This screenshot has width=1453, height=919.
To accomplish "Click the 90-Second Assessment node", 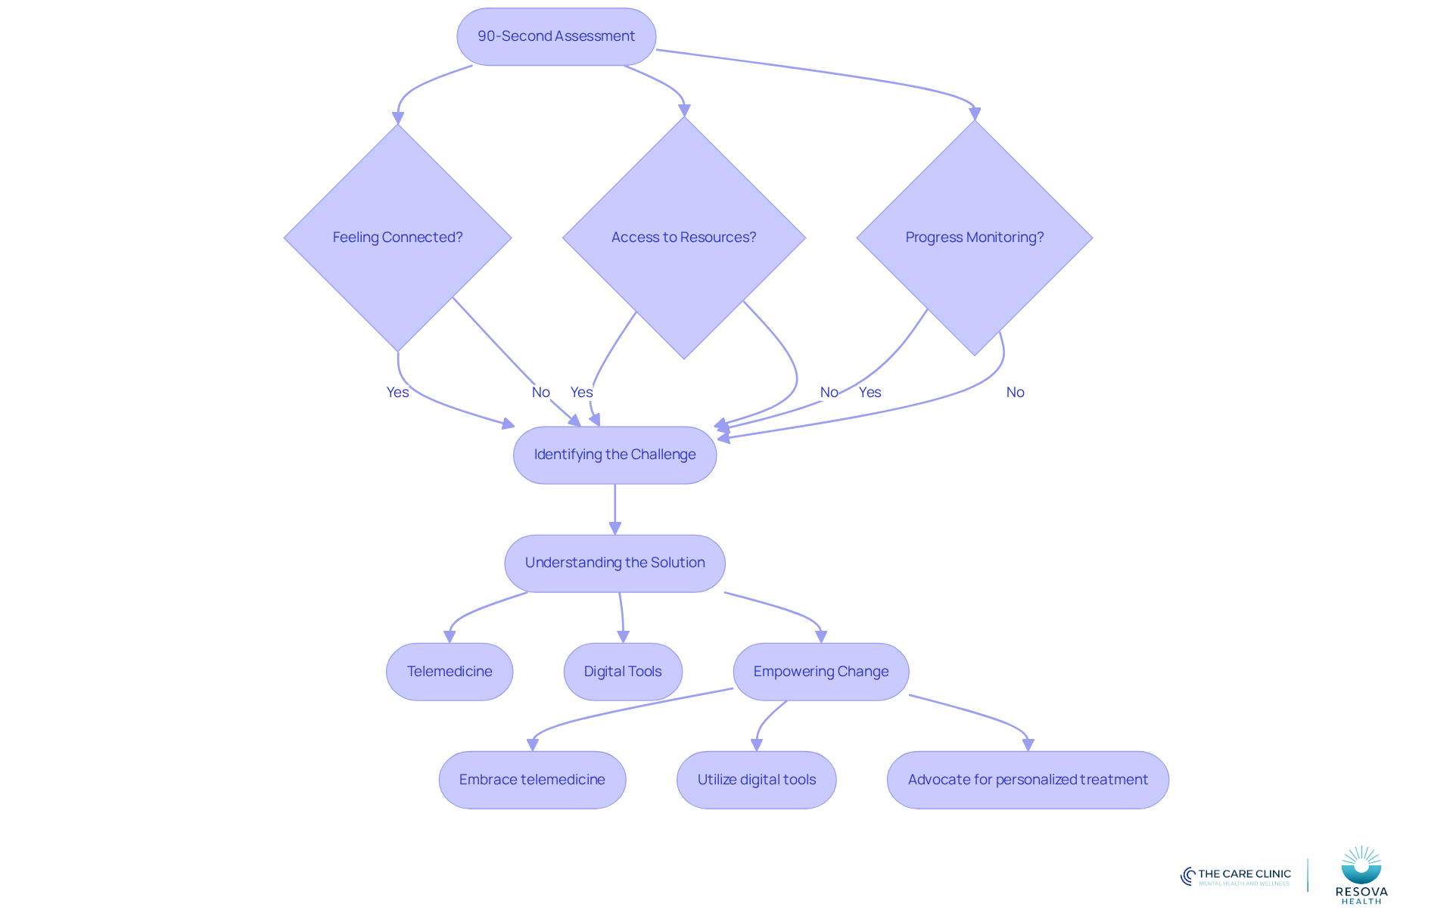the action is pos(556,36).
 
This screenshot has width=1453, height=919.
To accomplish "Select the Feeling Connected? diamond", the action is pos(397,238).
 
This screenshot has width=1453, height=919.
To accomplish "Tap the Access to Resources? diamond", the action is pos(684,238).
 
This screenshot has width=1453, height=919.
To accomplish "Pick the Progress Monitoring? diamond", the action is pos(975,238).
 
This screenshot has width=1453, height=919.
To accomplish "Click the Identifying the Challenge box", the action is pos(614,455).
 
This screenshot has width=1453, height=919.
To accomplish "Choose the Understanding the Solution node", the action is pos(614,564).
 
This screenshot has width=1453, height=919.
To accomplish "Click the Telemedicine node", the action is pos(450,672).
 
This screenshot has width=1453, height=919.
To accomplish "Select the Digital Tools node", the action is pos(623,672).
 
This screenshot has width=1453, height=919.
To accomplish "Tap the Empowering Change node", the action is pos(821,672).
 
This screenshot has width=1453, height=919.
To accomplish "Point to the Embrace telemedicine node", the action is pos(532,780).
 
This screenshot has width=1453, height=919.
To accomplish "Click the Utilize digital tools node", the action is pos(757,780).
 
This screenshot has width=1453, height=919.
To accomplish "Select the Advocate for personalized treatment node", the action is pos(1028,780).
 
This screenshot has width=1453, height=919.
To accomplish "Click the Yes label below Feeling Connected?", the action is pos(397,392).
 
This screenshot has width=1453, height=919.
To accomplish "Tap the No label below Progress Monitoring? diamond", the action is pos(1015,392).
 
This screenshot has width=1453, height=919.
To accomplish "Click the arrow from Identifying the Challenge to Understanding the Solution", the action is pos(614,510).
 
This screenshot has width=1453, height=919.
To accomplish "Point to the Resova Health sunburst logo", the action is pos(1361,865).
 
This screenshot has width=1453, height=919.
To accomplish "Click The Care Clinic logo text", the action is pos(1244,874).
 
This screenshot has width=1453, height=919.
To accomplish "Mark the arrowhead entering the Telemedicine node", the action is pos(450,637).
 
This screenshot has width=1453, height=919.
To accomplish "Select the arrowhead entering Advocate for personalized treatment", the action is pos(1028,745).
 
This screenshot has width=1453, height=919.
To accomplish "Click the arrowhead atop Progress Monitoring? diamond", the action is pos(975,113).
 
